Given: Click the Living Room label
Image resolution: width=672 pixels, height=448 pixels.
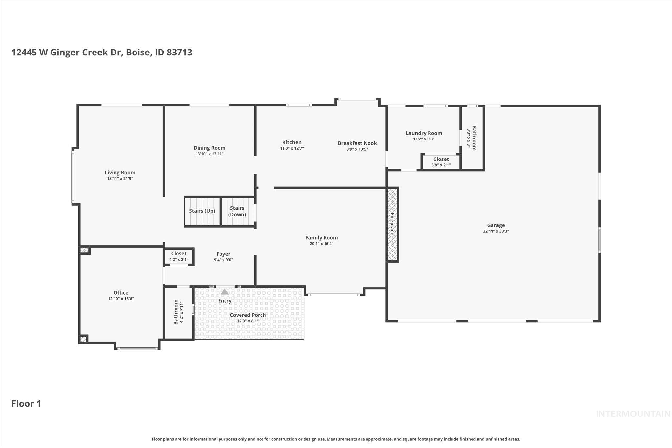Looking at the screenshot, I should (x=120, y=172).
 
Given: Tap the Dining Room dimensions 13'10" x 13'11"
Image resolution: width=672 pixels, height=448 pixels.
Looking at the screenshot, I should (x=209, y=154).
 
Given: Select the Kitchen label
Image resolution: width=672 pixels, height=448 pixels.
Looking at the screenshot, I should (x=292, y=142).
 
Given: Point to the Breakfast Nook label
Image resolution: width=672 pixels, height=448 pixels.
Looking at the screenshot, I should (x=357, y=143).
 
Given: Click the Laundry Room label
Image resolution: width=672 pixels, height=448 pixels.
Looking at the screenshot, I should (x=424, y=133).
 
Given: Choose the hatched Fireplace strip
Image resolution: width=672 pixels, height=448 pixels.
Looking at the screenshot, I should (x=392, y=224).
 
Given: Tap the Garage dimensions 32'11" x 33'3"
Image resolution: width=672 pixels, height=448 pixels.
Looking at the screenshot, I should (x=495, y=231).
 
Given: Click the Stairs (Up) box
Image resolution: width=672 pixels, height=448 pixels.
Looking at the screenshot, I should (x=202, y=211).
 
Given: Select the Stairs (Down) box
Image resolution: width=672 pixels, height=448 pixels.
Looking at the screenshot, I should (x=237, y=211).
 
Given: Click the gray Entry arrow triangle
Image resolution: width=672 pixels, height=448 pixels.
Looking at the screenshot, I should (x=225, y=292).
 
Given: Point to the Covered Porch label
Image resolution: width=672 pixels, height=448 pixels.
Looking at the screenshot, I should (x=248, y=315).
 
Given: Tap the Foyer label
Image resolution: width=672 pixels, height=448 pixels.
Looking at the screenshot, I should (x=223, y=254).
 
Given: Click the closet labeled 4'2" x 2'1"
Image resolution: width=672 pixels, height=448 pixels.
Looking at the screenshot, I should (x=178, y=256).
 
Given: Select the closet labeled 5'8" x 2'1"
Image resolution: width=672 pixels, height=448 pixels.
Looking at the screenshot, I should (x=441, y=162).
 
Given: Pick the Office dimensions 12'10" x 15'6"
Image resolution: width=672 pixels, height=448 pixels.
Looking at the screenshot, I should (x=121, y=299).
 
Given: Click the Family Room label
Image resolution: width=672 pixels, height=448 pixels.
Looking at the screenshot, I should (x=322, y=238).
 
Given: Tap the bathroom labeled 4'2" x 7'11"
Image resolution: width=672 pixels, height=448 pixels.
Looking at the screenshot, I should (x=178, y=312).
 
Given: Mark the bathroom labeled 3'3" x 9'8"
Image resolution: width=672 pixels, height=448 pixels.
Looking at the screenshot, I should (x=472, y=138).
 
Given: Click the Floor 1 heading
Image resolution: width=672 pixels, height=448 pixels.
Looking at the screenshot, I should (x=26, y=404).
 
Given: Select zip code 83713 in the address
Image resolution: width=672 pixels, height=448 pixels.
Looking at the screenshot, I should (x=179, y=53).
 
